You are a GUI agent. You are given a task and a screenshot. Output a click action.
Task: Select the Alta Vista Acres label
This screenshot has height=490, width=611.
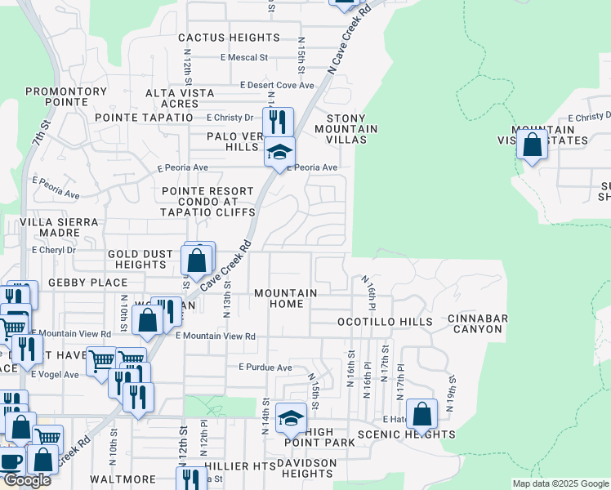(180, 98)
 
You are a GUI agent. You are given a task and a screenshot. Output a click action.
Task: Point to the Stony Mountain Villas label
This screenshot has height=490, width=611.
(346, 128)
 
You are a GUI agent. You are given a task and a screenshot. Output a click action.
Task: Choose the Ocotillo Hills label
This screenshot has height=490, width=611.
(386, 322)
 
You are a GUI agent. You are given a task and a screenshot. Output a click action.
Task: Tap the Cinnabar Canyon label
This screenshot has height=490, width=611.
(478, 323)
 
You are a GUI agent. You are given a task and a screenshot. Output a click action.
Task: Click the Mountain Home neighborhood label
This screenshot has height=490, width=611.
(285, 298)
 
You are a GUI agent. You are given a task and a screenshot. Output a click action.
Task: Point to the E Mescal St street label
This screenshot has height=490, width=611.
(244, 58)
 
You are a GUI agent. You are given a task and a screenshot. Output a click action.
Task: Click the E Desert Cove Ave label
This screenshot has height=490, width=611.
(277, 85)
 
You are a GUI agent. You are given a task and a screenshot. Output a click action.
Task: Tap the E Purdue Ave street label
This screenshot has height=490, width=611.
(265, 368)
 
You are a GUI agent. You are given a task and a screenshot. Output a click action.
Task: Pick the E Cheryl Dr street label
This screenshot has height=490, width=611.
(53, 251)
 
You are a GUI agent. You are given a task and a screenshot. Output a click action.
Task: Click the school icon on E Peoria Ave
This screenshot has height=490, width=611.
(279, 152)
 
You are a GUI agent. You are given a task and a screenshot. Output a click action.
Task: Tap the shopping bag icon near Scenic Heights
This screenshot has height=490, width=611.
(421, 414)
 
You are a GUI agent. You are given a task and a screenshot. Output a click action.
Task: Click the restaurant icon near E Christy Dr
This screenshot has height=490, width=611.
(278, 122)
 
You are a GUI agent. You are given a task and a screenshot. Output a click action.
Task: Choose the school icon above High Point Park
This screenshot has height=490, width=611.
(291, 419)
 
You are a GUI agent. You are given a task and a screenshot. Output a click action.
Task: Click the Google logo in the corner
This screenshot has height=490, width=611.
(27, 480)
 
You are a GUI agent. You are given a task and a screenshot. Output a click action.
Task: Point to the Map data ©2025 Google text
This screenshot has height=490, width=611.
(560, 483)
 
